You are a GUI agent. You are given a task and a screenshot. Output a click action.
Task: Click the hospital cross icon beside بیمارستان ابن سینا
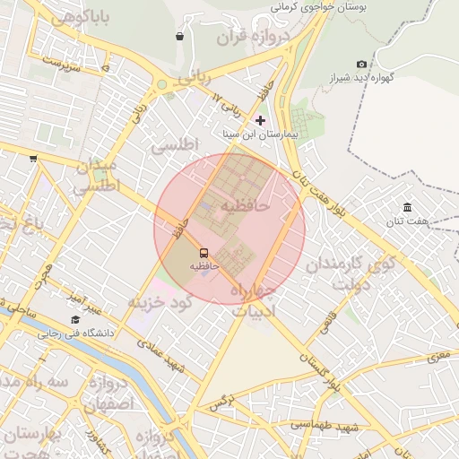(261, 120)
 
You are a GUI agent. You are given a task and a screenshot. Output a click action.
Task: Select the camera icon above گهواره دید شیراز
(361, 65)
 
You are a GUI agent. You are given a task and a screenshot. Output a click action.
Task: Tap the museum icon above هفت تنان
(407, 207)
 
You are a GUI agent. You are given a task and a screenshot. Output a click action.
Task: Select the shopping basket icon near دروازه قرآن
(180, 37)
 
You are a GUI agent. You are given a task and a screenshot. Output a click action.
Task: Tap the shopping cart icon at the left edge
(33, 159)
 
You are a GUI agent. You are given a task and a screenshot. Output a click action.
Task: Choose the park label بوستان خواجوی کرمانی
(316, 6)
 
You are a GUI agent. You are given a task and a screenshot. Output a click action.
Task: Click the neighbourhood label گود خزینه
(161, 302)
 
